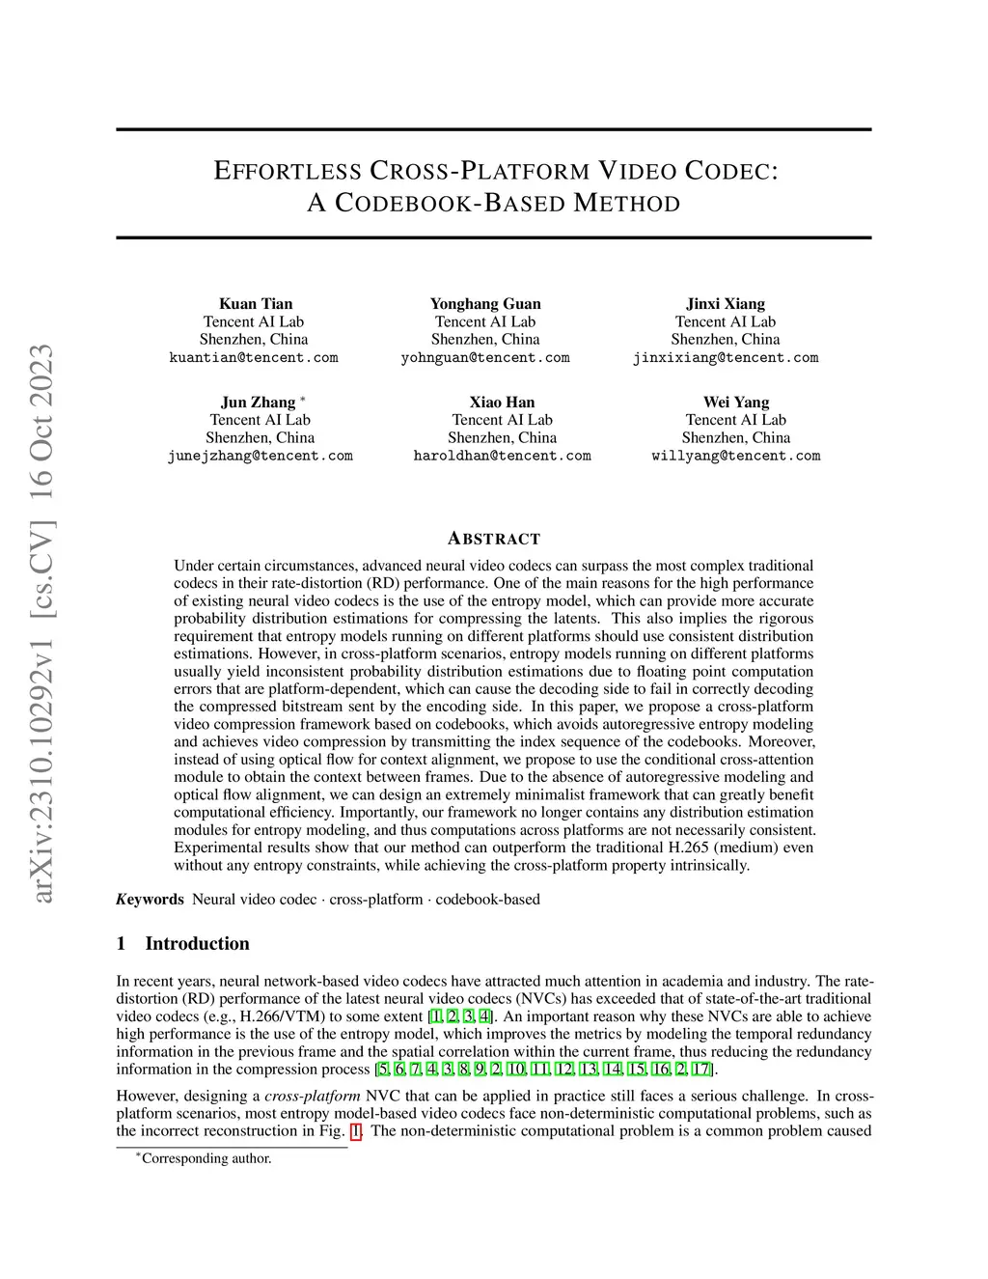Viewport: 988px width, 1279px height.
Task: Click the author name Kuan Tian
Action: [x=256, y=303]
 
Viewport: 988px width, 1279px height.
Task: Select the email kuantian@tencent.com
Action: [x=254, y=357]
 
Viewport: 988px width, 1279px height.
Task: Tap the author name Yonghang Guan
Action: [x=485, y=303]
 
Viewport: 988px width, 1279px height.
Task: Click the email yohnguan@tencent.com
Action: [x=485, y=357]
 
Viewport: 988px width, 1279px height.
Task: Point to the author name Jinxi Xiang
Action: [x=726, y=303]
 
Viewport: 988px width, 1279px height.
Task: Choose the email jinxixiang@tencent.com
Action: [x=726, y=357]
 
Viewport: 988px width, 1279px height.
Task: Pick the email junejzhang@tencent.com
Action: [x=261, y=456]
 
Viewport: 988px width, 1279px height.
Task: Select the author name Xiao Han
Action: [x=502, y=402]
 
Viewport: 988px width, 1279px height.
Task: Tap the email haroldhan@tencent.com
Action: [x=502, y=456]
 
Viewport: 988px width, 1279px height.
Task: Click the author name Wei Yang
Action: [x=736, y=402]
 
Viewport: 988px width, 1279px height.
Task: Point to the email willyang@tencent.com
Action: [x=736, y=456]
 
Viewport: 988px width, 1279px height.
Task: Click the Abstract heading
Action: [x=494, y=539]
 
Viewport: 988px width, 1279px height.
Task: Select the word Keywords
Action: [x=151, y=899]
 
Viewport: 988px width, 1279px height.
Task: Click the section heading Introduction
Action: [x=197, y=943]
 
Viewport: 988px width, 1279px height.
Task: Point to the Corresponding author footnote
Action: [x=206, y=1158]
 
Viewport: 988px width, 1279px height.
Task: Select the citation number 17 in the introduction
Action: [x=702, y=1069]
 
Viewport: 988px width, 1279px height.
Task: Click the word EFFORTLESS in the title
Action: [x=288, y=172]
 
